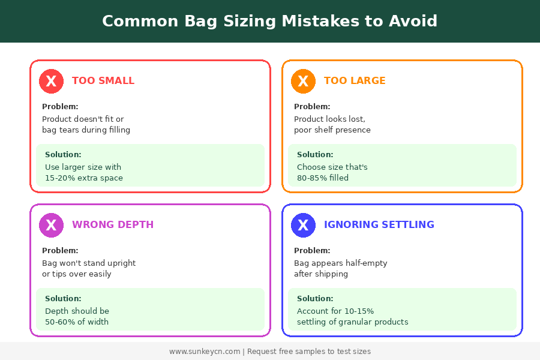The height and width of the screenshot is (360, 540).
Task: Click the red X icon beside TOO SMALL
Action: pyautogui.click(x=51, y=81)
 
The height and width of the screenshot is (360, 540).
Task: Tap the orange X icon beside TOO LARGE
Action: pyautogui.click(x=303, y=81)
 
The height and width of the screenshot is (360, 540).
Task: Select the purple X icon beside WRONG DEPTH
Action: pyautogui.click(x=51, y=225)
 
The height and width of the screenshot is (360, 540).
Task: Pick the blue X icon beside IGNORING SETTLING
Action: pyautogui.click(x=303, y=225)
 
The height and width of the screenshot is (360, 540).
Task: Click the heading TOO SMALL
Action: pyautogui.click(x=103, y=81)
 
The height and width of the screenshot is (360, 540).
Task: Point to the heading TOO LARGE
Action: pyautogui.click(x=355, y=81)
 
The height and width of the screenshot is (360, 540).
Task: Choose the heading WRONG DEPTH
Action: pyautogui.click(x=113, y=225)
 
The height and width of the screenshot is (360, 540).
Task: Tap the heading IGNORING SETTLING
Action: pyautogui.click(x=379, y=225)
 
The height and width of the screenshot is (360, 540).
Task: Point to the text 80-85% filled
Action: pyautogui.click(x=323, y=178)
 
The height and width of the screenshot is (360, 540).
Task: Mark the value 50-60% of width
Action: pyautogui.click(x=77, y=322)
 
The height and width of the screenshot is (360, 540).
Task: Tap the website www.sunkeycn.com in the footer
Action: pyautogui.click(x=205, y=352)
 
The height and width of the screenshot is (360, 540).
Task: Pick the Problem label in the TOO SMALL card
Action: pyautogui.click(x=60, y=107)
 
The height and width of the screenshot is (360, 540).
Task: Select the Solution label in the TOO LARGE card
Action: pyautogui.click(x=315, y=155)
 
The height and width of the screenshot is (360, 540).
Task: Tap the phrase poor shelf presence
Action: pyautogui.click(x=332, y=130)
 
